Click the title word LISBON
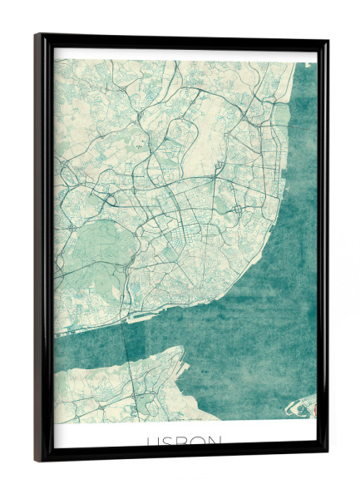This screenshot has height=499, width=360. (185, 442)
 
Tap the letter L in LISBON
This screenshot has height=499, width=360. (150, 442)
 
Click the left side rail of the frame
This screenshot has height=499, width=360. (41, 249)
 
